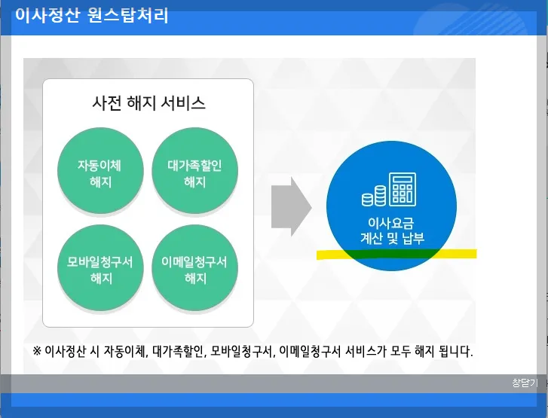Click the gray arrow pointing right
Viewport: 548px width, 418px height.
[x=291, y=205]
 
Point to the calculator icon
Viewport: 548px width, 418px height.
[x=403, y=188]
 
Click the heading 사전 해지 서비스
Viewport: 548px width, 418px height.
[x=148, y=103]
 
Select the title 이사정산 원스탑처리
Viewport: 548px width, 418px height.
[x=91, y=15]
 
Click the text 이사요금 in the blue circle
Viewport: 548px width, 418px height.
[x=391, y=224]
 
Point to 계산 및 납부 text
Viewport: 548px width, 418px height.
[x=392, y=239]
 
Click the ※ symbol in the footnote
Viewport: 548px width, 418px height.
[x=37, y=351]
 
